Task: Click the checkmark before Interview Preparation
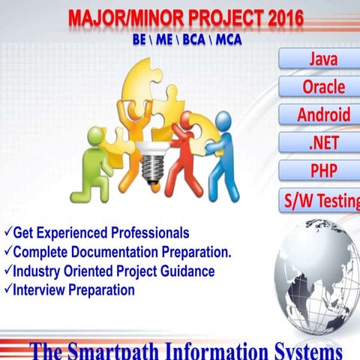pos(7,289)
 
